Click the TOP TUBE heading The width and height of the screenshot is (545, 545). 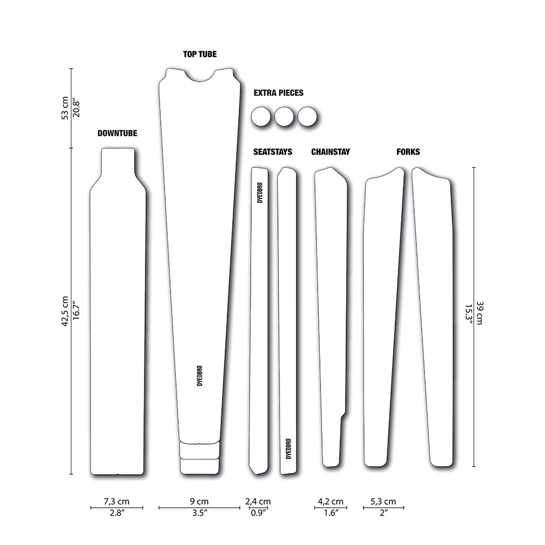pos(200,54)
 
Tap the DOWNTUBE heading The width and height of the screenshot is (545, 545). pos(117,133)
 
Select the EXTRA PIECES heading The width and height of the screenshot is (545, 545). pos(278,93)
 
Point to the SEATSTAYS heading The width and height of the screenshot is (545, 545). pos(272,152)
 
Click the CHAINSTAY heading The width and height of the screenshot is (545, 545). pos(331,152)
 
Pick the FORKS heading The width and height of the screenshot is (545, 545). pos(408,152)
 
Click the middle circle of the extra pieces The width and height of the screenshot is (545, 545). pos(284,117)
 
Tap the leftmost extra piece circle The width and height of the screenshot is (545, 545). pos(261,117)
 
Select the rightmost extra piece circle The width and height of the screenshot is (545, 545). pos(307,117)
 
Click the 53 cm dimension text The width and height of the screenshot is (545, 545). pos(65,108)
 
